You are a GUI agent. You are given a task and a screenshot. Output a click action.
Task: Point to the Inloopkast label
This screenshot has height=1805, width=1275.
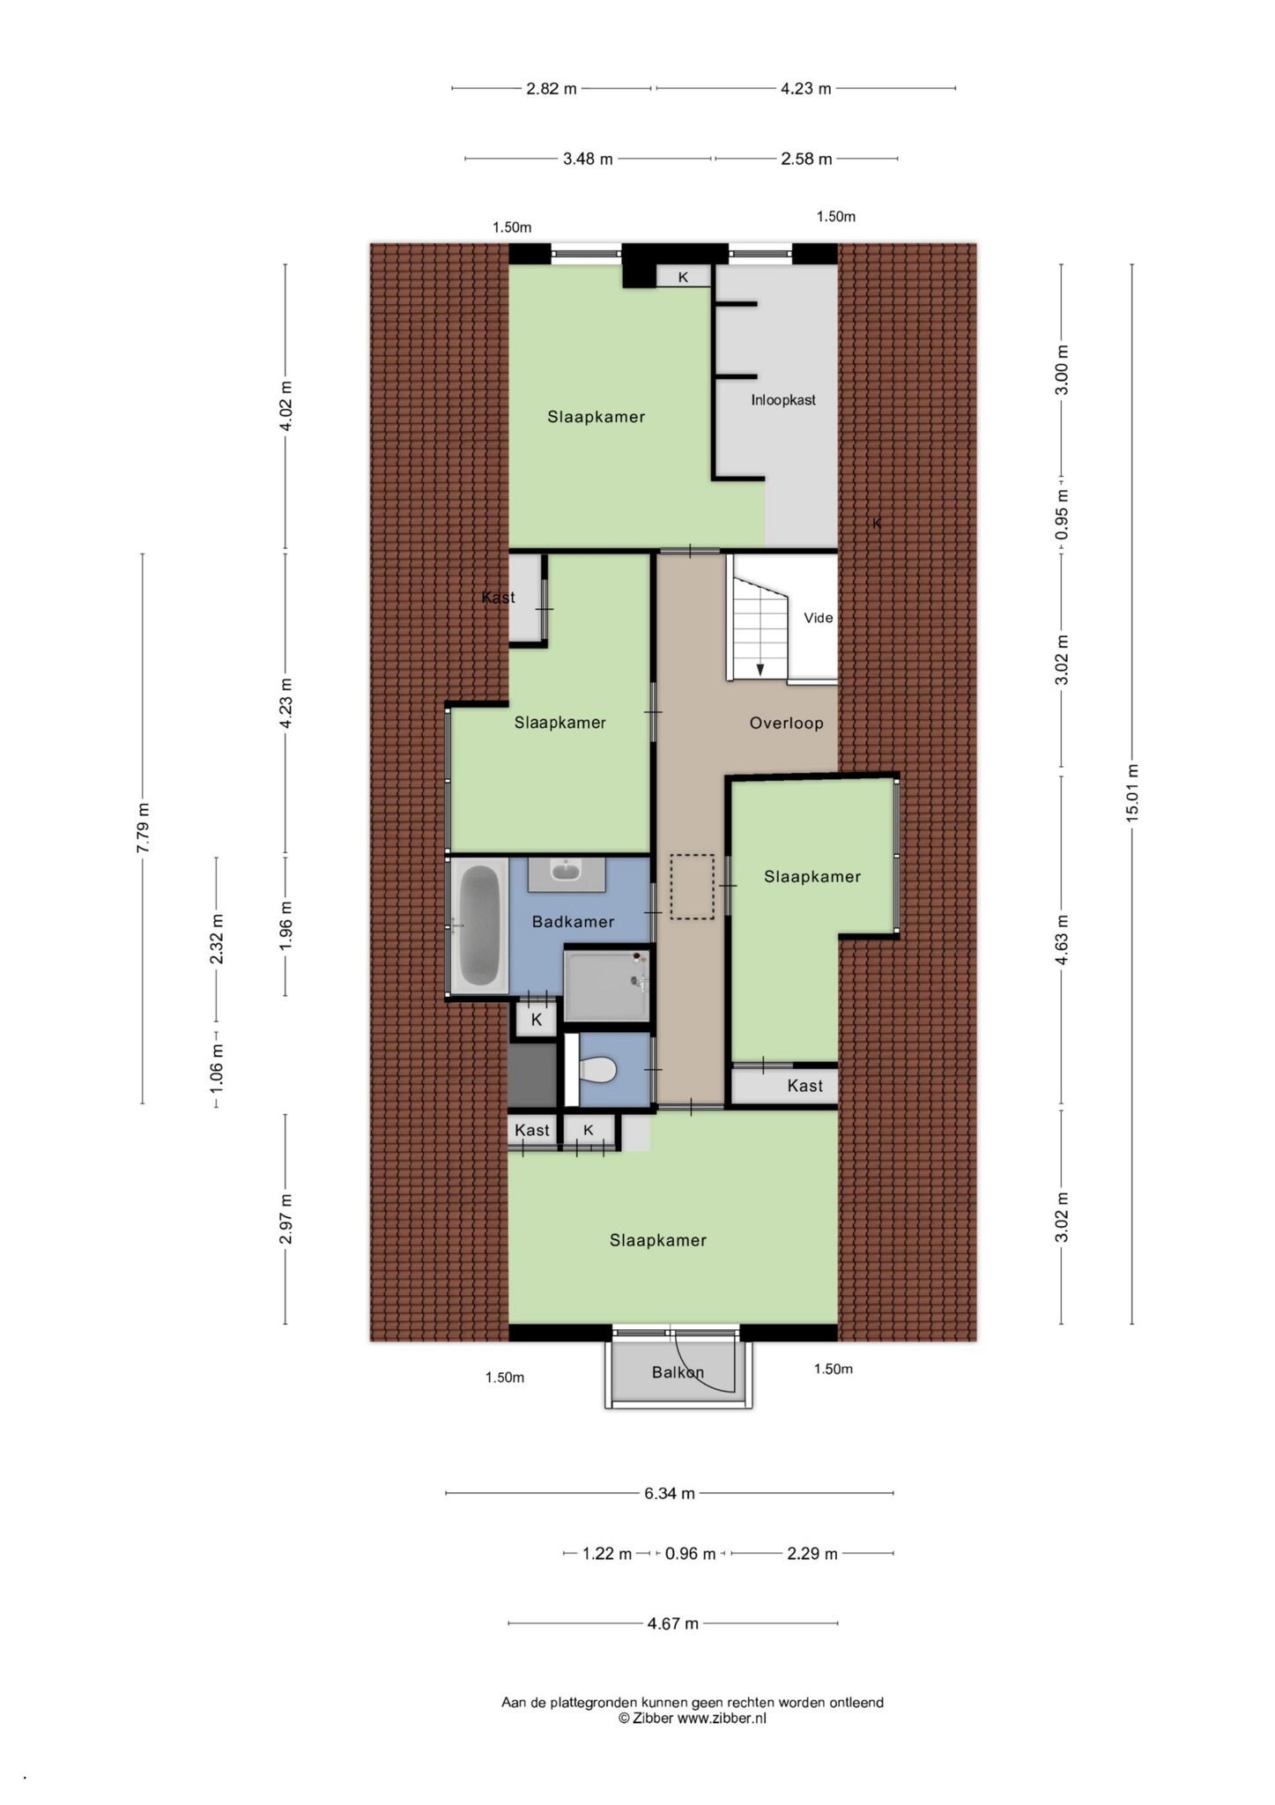tap(782, 400)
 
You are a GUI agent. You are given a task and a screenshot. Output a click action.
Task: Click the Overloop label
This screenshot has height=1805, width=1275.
tap(786, 724)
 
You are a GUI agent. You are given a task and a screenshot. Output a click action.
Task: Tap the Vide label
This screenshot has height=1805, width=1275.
tap(818, 618)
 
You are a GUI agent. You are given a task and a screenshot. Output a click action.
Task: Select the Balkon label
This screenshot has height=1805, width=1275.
tap(678, 1372)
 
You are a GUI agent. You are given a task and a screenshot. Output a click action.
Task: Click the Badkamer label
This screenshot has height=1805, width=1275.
tap(573, 922)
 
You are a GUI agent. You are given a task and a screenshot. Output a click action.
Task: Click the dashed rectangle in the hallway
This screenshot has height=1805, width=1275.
tap(692, 887)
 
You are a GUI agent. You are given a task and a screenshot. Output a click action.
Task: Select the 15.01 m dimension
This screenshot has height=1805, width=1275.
tap(1131, 793)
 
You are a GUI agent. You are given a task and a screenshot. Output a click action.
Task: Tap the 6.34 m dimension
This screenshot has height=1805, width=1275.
tap(670, 1493)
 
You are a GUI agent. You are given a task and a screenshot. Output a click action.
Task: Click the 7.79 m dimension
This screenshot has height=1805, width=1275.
tap(143, 828)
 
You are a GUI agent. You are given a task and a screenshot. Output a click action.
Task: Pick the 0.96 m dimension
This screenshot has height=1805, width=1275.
tap(690, 1554)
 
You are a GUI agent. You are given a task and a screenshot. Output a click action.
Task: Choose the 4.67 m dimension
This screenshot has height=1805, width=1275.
tap(673, 1623)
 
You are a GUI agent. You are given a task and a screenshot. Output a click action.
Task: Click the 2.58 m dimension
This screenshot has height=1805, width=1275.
tap(806, 160)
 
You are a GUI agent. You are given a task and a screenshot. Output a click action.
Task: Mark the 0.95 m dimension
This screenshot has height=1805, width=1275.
tap(1062, 515)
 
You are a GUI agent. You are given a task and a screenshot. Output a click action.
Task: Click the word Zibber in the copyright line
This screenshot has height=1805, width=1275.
tap(651, 1718)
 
